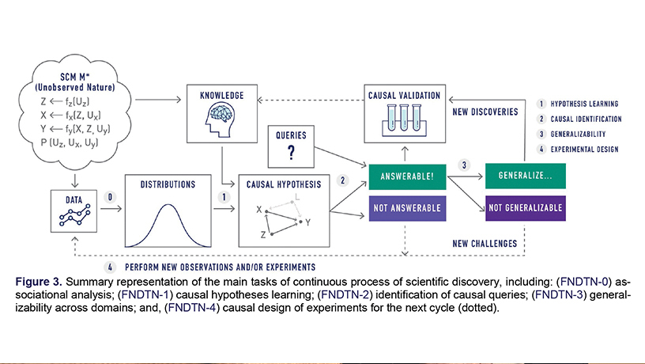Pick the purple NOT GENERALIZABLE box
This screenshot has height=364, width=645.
click(x=523, y=210)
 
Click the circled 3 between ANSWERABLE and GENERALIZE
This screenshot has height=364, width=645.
click(x=466, y=165)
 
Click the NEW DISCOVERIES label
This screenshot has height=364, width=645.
click(x=485, y=112)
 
